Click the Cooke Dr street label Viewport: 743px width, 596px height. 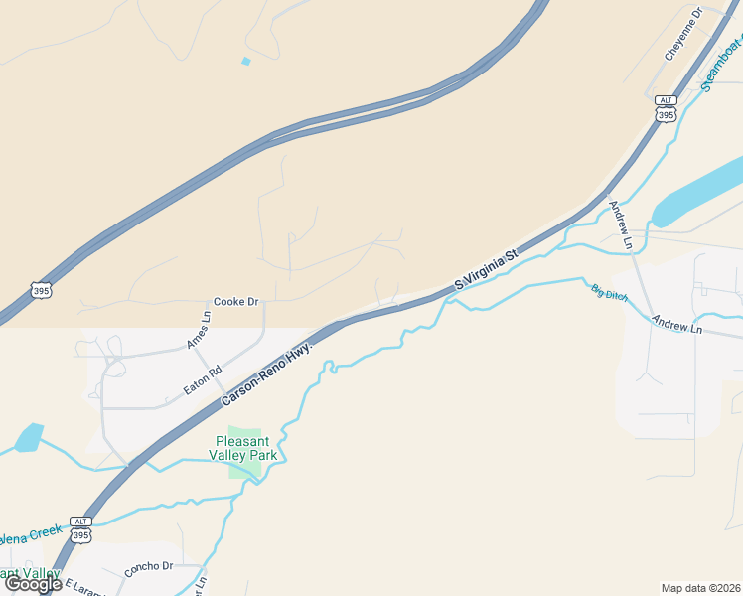[236, 301]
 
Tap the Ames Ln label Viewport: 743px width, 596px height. [199, 331]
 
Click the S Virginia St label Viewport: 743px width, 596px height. [487, 269]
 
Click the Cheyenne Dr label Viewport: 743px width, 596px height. [683, 34]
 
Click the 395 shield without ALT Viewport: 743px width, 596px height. [41, 291]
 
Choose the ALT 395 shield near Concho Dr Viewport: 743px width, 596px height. [81, 529]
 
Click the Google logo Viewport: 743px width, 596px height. [33, 584]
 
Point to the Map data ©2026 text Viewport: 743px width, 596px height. [701, 587]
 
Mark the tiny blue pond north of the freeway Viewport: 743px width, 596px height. [245, 62]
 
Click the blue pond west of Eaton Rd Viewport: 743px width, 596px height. [29, 437]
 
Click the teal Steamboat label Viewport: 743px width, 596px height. [721, 65]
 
